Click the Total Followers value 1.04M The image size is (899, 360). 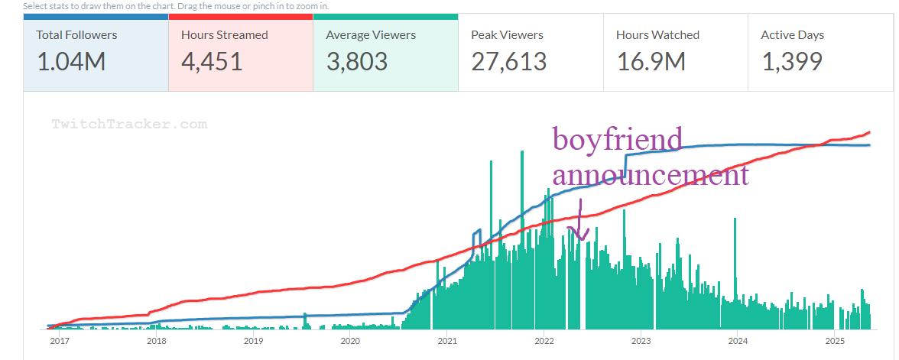point(71,61)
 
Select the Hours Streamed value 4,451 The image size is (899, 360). point(212,61)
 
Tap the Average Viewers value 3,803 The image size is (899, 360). point(356,61)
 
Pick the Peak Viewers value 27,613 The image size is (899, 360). point(508,61)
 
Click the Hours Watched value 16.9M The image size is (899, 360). point(651,61)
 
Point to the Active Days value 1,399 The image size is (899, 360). point(792,61)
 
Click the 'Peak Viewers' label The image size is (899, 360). point(507,34)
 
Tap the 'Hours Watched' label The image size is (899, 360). point(657,34)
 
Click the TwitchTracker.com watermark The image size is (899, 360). point(129,124)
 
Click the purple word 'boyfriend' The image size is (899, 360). point(617,140)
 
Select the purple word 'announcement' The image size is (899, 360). point(650,175)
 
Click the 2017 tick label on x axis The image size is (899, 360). point(59,341)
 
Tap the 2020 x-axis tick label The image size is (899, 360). point(349,341)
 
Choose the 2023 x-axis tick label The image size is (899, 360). point(641,341)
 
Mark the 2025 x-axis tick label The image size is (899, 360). point(834,341)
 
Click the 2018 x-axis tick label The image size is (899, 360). point(156,341)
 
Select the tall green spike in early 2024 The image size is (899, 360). point(735,260)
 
